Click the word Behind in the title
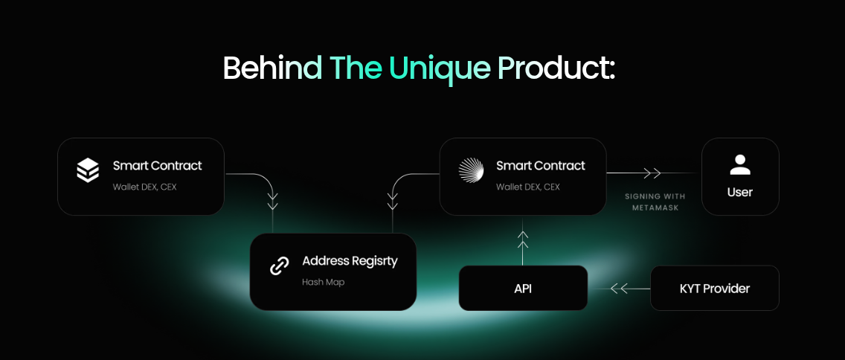coord(273,68)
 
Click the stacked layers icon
coord(87,170)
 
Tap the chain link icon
coord(279,266)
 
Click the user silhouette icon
coord(740,165)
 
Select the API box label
coord(523,289)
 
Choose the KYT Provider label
coord(715,289)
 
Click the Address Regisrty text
coord(350,261)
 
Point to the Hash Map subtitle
coord(323,282)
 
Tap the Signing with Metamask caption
coord(655,202)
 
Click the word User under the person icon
coord(740,193)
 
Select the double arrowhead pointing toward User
coord(652,173)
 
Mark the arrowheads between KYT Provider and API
coord(619,289)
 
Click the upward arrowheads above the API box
coord(522,240)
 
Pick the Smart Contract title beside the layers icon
coord(158,165)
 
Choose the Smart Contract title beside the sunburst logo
coord(541,165)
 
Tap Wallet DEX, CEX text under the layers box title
coord(144,187)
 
